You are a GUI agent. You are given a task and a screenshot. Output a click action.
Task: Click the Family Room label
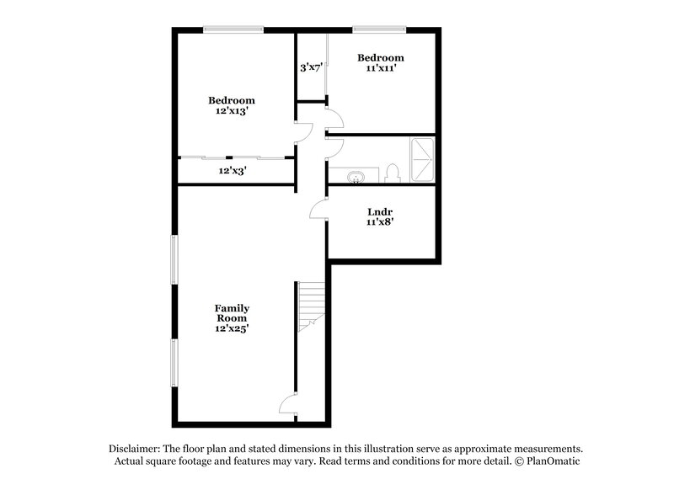point(232,313)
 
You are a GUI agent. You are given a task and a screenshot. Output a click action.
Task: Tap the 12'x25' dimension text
point(232,328)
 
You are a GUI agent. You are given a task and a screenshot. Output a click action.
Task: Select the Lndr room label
point(382,211)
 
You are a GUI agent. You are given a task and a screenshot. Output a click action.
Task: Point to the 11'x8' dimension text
point(382,223)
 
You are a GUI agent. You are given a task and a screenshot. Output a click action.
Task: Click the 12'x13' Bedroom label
point(232,100)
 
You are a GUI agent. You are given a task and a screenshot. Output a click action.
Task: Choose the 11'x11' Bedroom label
point(381,58)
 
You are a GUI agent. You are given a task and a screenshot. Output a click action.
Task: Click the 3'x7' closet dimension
point(312,67)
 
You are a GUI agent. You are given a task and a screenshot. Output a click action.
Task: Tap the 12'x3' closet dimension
point(233,170)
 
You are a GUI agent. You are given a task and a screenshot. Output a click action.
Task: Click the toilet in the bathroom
point(391,174)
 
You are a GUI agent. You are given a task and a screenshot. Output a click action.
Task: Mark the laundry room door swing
point(318,209)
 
